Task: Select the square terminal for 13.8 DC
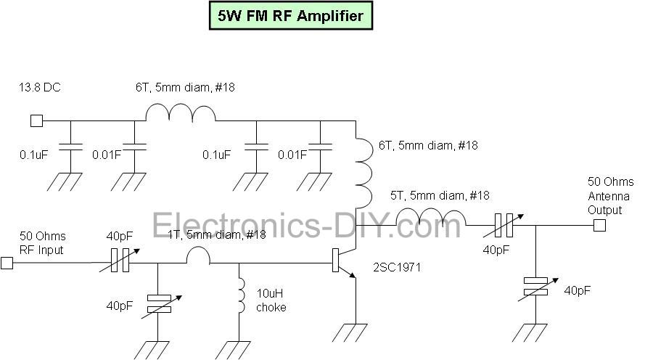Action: point(36,120)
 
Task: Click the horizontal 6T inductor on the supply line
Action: point(181,113)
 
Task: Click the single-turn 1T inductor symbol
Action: point(197,255)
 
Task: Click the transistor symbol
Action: point(342,262)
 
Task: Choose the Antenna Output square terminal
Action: point(599,226)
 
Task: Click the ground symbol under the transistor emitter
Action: point(356,333)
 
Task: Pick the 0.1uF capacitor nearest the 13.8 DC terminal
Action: point(70,148)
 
